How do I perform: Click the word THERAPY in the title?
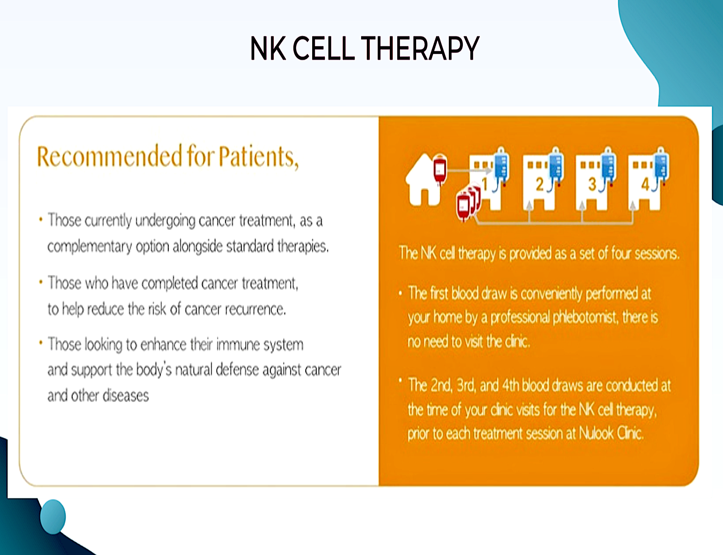(x=420, y=48)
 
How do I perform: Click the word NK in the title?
(x=268, y=48)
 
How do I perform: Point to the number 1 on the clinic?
(x=485, y=184)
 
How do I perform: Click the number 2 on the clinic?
(x=540, y=184)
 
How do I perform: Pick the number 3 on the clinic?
(x=592, y=184)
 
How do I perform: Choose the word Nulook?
(x=596, y=434)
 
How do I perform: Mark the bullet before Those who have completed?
(x=41, y=282)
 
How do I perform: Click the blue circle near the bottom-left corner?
(x=53, y=517)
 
